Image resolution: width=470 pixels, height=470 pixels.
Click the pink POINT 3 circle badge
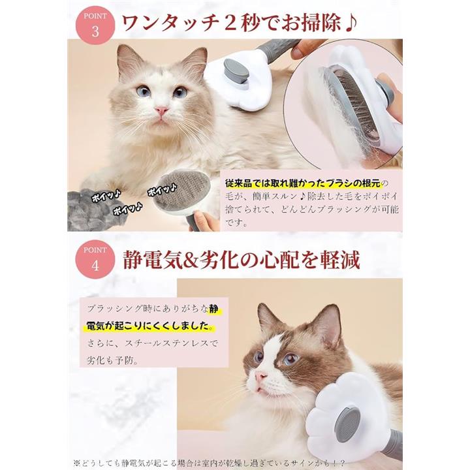pos(95,25)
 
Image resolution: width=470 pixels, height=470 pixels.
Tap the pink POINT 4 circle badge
pos(95,259)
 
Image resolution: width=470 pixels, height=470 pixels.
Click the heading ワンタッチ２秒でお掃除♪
pos(240,23)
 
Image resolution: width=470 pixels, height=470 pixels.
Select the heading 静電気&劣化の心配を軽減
pos(242,260)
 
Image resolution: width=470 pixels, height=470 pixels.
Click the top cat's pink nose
pos(161,111)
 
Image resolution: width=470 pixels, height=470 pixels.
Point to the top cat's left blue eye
pos(142,90)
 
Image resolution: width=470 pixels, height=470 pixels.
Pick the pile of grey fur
pos(90,210)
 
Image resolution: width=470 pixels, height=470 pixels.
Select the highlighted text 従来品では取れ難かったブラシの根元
pos(304,183)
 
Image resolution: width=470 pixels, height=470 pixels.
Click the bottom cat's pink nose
pos(260,376)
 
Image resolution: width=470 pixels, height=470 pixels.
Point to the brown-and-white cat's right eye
pos(290,358)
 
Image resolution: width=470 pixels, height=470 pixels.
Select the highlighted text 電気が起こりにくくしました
pos(148,326)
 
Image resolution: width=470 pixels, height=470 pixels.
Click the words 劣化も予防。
pos(112,360)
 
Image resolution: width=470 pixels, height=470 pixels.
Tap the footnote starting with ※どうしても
pos(210,463)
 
